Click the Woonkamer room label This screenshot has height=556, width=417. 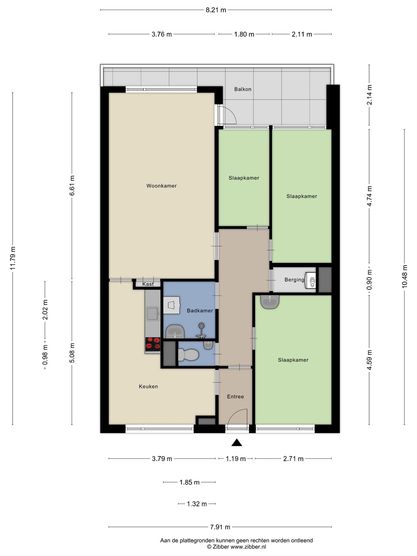(x=161, y=186)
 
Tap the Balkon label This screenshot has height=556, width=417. (x=243, y=89)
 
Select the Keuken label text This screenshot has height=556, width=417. (x=148, y=386)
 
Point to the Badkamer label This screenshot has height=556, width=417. (x=200, y=310)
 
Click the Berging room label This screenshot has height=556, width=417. (x=294, y=280)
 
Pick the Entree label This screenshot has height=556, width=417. (x=236, y=397)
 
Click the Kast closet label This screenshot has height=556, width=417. (x=148, y=284)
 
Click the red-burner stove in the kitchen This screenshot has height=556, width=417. (x=153, y=344)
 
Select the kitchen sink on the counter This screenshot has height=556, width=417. (x=153, y=314)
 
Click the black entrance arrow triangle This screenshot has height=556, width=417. (x=237, y=442)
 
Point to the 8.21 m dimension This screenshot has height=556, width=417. (x=216, y=10)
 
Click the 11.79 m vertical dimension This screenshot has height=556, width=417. (x=13, y=258)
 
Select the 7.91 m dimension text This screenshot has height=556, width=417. (x=220, y=527)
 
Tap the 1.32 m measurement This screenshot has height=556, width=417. (x=197, y=504)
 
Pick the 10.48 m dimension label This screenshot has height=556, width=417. (x=405, y=276)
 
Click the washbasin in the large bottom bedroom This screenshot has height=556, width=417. (x=270, y=302)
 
